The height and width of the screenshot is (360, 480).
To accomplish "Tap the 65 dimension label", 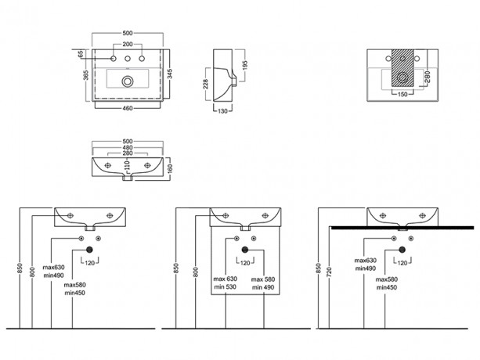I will tap(81, 55).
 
